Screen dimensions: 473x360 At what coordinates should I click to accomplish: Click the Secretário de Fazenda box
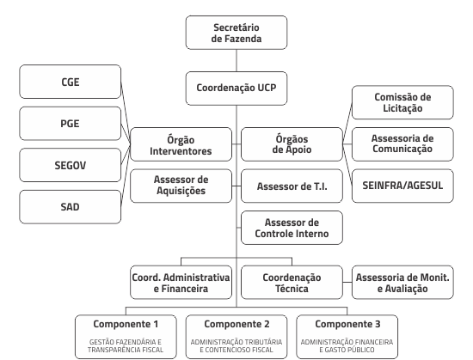[x=236, y=33]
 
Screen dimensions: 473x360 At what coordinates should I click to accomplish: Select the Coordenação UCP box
[x=236, y=88]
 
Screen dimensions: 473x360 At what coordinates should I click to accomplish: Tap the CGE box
[x=70, y=82]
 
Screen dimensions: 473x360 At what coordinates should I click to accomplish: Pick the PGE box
[x=70, y=123]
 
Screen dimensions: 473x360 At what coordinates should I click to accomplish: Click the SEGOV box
[x=70, y=165]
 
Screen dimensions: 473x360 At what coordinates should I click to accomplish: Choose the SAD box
[x=70, y=207]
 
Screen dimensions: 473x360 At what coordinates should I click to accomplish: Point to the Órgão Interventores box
[x=181, y=144]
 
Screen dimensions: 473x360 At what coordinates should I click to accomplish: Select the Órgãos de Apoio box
[x=292, y=144]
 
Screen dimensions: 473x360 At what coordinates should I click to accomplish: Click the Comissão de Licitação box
[x=402, y=102]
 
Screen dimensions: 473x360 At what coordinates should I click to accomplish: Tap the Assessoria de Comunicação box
[x=402, y=144]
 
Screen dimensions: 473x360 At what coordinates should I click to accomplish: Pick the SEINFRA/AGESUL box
[x=402, y=186]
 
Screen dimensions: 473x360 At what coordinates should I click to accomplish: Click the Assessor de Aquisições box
[x=181, y=186]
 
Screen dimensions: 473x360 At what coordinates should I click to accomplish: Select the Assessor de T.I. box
[x=292, y=186]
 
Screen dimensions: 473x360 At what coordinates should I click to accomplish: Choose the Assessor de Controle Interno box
[x=292, y=228]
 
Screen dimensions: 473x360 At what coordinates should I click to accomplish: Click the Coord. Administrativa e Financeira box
[x=181, y=283]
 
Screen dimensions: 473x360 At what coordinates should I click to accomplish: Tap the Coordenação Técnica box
[x=292, y=283]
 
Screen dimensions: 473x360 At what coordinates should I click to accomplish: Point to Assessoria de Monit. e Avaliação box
[x=402, y=283]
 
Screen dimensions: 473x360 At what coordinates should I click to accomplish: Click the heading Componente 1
[x=126, y=324]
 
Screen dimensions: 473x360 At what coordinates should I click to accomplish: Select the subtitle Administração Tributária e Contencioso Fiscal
[x=236, y=346]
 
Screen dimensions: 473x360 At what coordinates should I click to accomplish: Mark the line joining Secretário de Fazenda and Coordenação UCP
[x=236, y=60]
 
